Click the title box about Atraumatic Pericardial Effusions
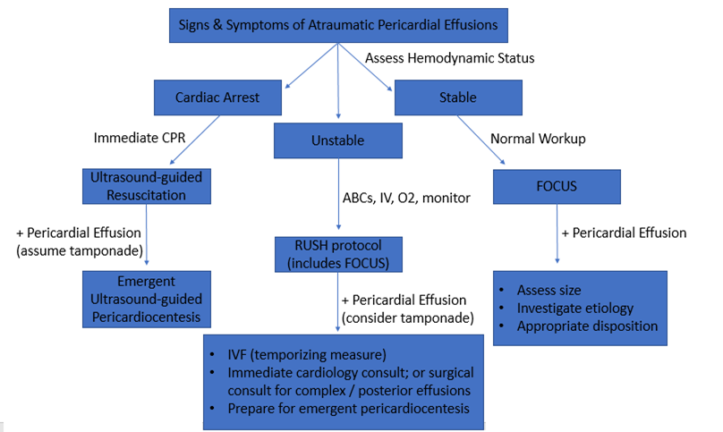337,24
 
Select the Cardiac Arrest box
218,97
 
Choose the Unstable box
337,140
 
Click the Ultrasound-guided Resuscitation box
146,185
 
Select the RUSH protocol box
337,254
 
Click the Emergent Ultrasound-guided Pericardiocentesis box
146,299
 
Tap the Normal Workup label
540,139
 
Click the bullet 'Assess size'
549,290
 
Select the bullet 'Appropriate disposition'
587,326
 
